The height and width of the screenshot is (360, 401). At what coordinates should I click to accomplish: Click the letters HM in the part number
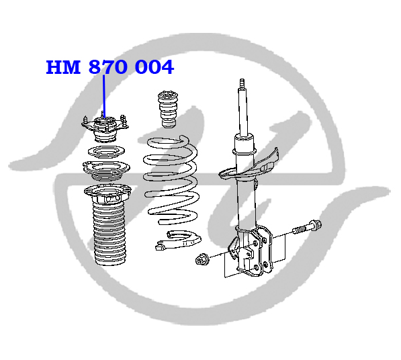point(63,67)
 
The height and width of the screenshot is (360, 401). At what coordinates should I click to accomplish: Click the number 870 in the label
point(108,67)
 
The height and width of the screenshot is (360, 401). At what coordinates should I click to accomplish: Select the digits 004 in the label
point(154,67)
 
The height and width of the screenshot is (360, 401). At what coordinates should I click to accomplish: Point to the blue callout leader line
point(104,97)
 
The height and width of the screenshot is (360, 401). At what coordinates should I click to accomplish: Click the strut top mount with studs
point(105,128)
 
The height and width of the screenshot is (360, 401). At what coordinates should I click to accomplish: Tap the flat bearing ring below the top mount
point(106,152)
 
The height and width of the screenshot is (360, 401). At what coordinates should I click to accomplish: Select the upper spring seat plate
point(106,170)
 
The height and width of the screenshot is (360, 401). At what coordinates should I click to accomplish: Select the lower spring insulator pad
point(178,240)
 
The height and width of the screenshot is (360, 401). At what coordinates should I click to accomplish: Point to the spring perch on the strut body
point(249,166)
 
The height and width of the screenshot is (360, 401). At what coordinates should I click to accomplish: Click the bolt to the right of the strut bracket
point(307,227)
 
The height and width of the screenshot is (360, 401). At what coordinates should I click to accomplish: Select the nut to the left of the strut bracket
point(202,259)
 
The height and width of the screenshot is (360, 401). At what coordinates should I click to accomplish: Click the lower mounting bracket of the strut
point(251,252)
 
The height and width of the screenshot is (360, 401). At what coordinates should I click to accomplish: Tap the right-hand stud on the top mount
point(124,121)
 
